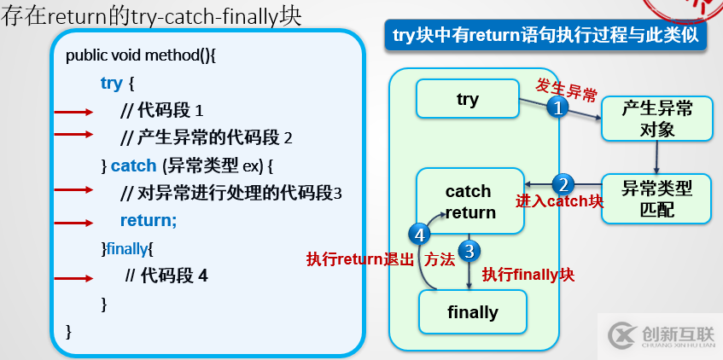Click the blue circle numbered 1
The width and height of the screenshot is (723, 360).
[557, 108]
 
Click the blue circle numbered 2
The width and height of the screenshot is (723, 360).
[563, 183]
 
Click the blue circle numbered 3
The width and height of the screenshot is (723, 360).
[469, 251]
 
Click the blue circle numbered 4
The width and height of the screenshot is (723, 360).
[419, 234]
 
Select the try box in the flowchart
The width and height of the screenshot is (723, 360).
[468, 100]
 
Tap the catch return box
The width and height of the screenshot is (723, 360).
[469, 201]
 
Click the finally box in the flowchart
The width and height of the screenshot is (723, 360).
[472, 312]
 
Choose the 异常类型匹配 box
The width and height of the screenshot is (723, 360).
[656, 199]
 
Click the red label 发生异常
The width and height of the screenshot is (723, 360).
[566, 87]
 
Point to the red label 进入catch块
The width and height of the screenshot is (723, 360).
[559, 202]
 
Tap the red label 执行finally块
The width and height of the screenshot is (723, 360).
[528, 275]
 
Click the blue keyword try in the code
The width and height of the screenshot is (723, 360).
[111, 83]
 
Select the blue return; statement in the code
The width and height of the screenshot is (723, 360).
[149, 221]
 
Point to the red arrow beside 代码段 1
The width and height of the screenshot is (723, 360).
[74, 112]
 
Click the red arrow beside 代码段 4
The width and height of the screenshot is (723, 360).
[74, 277]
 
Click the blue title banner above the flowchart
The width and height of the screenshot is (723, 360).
[546, 36]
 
